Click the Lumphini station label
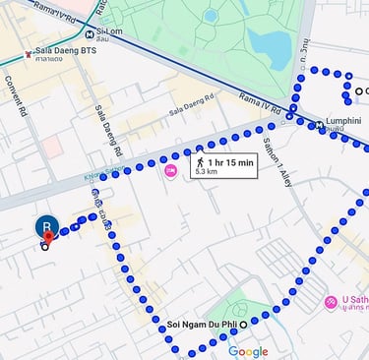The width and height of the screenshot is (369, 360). (x=344, y=121)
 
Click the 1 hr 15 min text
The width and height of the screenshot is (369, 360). (x=232, y=160)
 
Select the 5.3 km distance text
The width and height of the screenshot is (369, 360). (x=207, y=171)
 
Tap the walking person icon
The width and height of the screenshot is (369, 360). (x=201, y=160)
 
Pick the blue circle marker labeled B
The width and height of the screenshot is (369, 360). (x=45, y=227)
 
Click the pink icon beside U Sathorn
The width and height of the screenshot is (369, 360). (x=331, y=301)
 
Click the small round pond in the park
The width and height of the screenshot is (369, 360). (x=210, y=16)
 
